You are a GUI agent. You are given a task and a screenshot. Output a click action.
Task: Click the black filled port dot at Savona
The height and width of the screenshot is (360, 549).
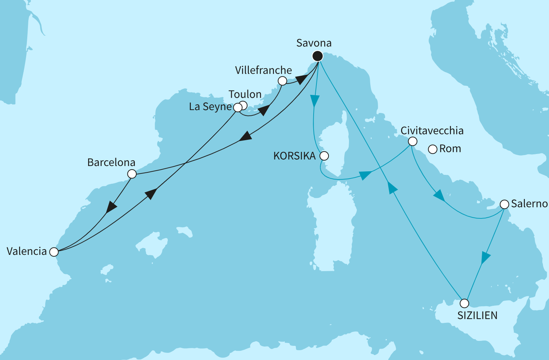click(318, 56)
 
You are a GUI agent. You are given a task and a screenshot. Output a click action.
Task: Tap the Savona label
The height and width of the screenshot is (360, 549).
click(314, 43)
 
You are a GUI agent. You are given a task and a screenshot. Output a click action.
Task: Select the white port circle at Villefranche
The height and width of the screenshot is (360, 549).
click(282, 81)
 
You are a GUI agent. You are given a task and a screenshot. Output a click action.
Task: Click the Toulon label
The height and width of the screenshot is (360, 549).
click(245, 95)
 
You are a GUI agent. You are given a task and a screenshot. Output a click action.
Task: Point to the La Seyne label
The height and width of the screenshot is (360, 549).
click(210, 107)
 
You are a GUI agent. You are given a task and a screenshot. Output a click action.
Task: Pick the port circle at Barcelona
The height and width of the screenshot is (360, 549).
click(132, 174)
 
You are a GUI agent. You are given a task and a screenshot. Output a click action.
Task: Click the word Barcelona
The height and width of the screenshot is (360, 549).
click(111, 162)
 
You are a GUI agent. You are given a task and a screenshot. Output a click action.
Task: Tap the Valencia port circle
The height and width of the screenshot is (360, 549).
click(54, 252)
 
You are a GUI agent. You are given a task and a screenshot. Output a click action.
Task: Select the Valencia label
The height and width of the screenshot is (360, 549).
click(27, 251)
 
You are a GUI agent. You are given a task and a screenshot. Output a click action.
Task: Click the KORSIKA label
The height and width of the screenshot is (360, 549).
click(294, 156)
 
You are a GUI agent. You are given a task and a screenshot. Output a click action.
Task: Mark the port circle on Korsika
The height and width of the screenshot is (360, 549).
click(324, 156)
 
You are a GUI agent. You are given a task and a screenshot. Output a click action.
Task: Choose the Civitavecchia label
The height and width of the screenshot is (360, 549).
click(432, 131)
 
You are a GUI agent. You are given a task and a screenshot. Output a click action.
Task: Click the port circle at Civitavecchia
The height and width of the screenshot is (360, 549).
click(412, 141)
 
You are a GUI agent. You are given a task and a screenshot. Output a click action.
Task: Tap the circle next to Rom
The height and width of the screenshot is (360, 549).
click(433, 149)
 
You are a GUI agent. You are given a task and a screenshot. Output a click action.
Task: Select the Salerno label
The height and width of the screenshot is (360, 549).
click(530, 204)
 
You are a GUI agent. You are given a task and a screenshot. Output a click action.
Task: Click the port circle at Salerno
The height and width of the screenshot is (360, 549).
click(504, 204)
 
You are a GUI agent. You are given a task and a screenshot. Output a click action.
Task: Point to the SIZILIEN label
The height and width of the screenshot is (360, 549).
click(477, 315)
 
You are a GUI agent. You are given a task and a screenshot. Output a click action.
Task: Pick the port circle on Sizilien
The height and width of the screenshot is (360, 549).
click(464, 303)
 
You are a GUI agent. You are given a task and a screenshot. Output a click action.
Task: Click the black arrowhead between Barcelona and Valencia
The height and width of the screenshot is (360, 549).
click(111, 207)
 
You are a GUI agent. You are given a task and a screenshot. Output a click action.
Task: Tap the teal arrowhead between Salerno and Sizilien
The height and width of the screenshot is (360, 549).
click(485, 258)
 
